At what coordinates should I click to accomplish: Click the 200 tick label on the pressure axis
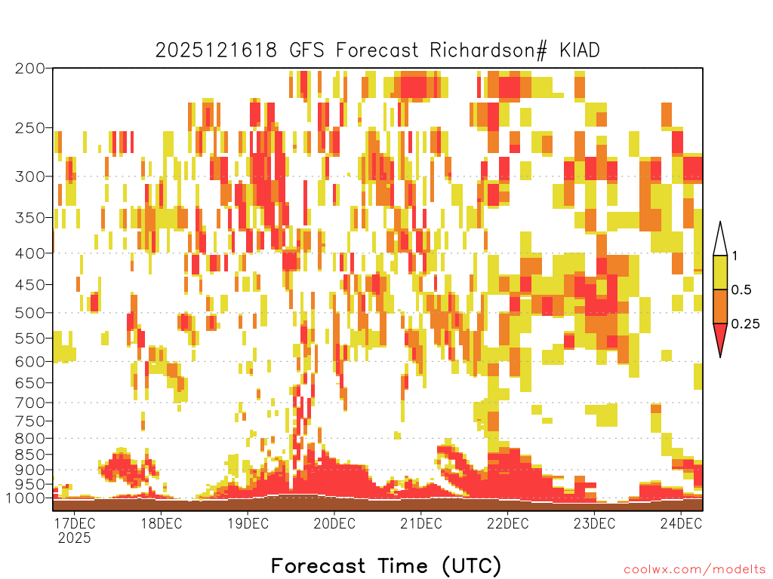click(x=29, y=69)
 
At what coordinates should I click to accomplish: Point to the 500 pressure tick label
click(x=29, y=313)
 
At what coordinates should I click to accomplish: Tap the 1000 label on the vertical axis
click(x=25, y=498)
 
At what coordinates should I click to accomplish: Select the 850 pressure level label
click(x=29, y=455)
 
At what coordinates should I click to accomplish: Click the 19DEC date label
click(x=248, y=523)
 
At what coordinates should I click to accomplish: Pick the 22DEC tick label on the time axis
click(x=508, y=523)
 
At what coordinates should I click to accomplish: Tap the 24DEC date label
click(x=681, y=523)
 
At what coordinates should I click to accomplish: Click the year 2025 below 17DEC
click(x=75, y=538)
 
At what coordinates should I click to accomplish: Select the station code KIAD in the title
click(x=579, y=51)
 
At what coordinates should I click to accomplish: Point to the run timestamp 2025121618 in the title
click(x=216, y=51)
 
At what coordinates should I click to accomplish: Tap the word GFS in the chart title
click(x=306, y=51)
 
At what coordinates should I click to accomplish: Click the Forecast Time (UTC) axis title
click(x=386, y=565)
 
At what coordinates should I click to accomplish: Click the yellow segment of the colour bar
click(x=720, y=272)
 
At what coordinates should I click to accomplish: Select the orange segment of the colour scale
click(x=720, y=306)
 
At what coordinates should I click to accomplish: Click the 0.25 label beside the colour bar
click(x=746, y=324)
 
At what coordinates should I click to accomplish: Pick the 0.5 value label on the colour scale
click(x=741, y=290)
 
